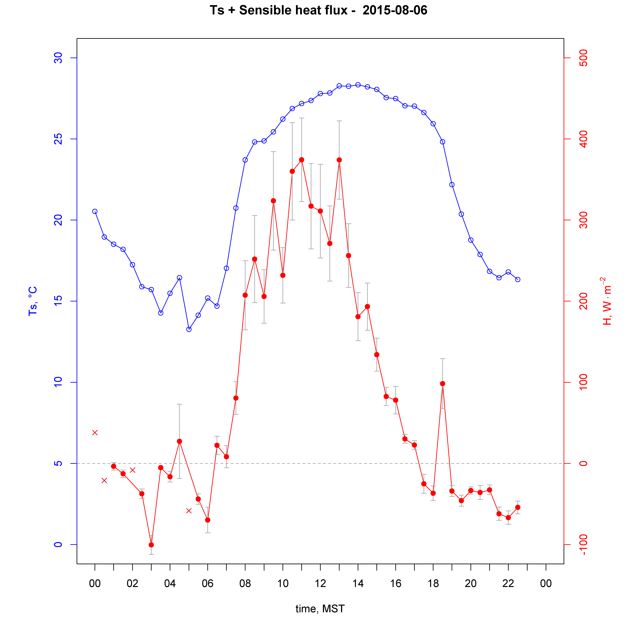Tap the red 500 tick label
[x=583, y=58]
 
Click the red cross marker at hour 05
[x=189, y=511]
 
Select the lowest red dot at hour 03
[x=151, y=545]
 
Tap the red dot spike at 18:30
[x=443, y=383]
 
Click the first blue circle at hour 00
[x=95, y=211]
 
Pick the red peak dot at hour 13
[x=339, y=160]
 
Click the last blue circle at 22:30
[x=518, y=279]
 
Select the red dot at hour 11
[x=302, y=160]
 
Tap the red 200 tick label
[x=583, y=301]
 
